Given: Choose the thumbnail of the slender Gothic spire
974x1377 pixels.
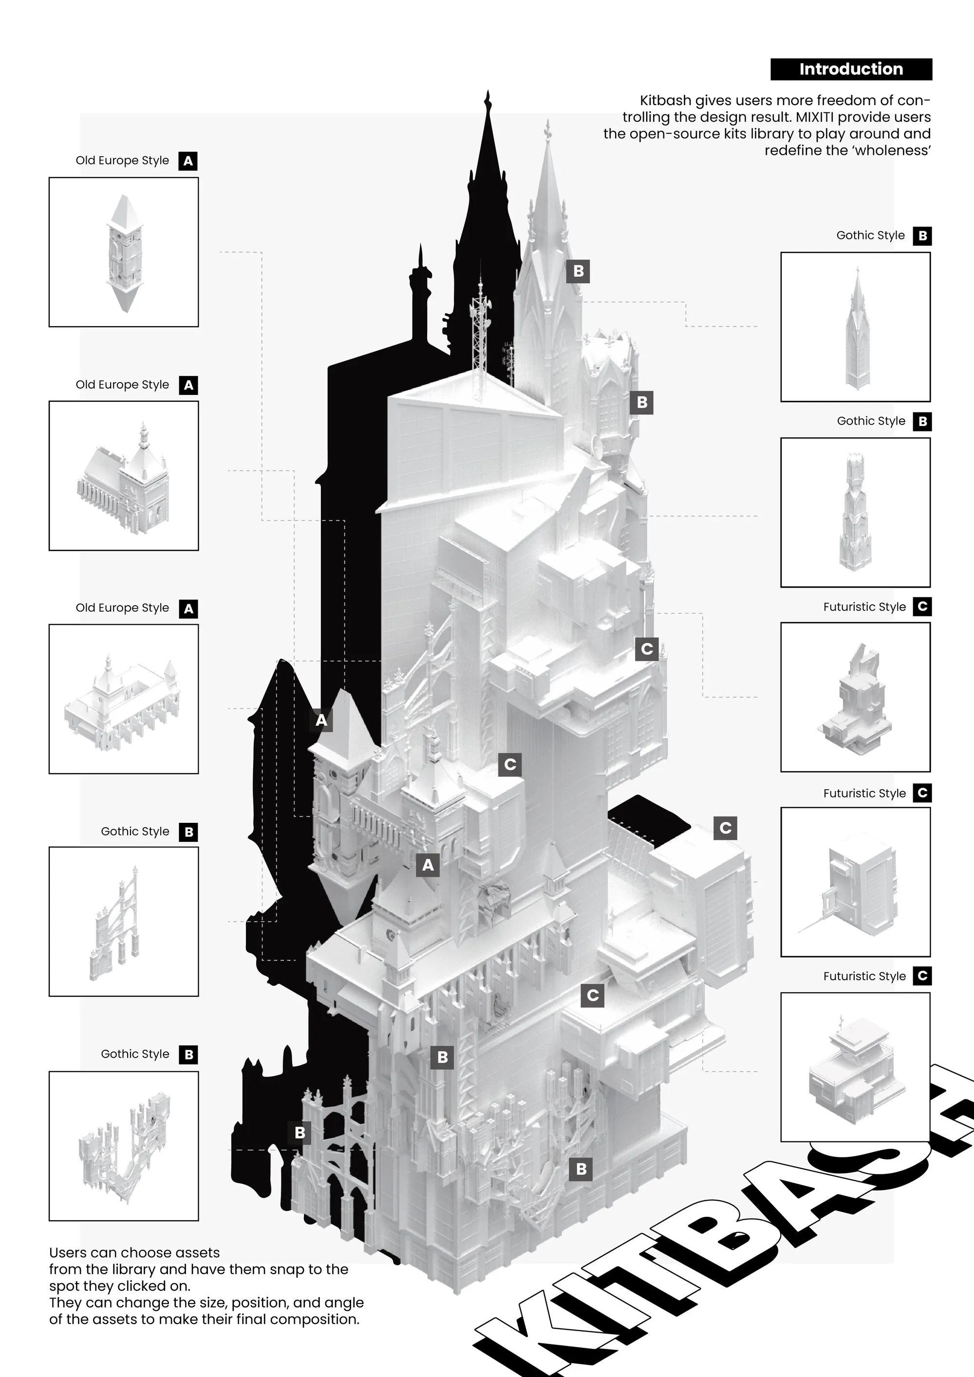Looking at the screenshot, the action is [x=855, y=327].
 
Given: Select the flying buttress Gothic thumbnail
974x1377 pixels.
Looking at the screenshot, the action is [x=124, y=922].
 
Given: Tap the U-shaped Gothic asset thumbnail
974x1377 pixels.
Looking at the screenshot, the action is [x=124, y=1146].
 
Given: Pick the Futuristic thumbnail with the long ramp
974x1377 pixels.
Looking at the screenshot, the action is [x=855, y=882].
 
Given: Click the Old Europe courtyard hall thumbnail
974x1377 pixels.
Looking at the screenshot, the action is [x=124, y=699].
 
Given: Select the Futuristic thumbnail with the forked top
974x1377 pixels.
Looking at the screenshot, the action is [x=855, y=697].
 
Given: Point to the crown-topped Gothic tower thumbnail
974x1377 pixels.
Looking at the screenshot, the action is [x=855, y=512].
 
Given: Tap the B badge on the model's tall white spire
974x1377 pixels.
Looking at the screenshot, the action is [x=578, y=271].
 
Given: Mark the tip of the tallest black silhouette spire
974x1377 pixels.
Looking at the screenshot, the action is [x=488, y=95].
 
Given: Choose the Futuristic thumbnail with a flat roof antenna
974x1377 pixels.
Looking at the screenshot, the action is [x=855, y=1067].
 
